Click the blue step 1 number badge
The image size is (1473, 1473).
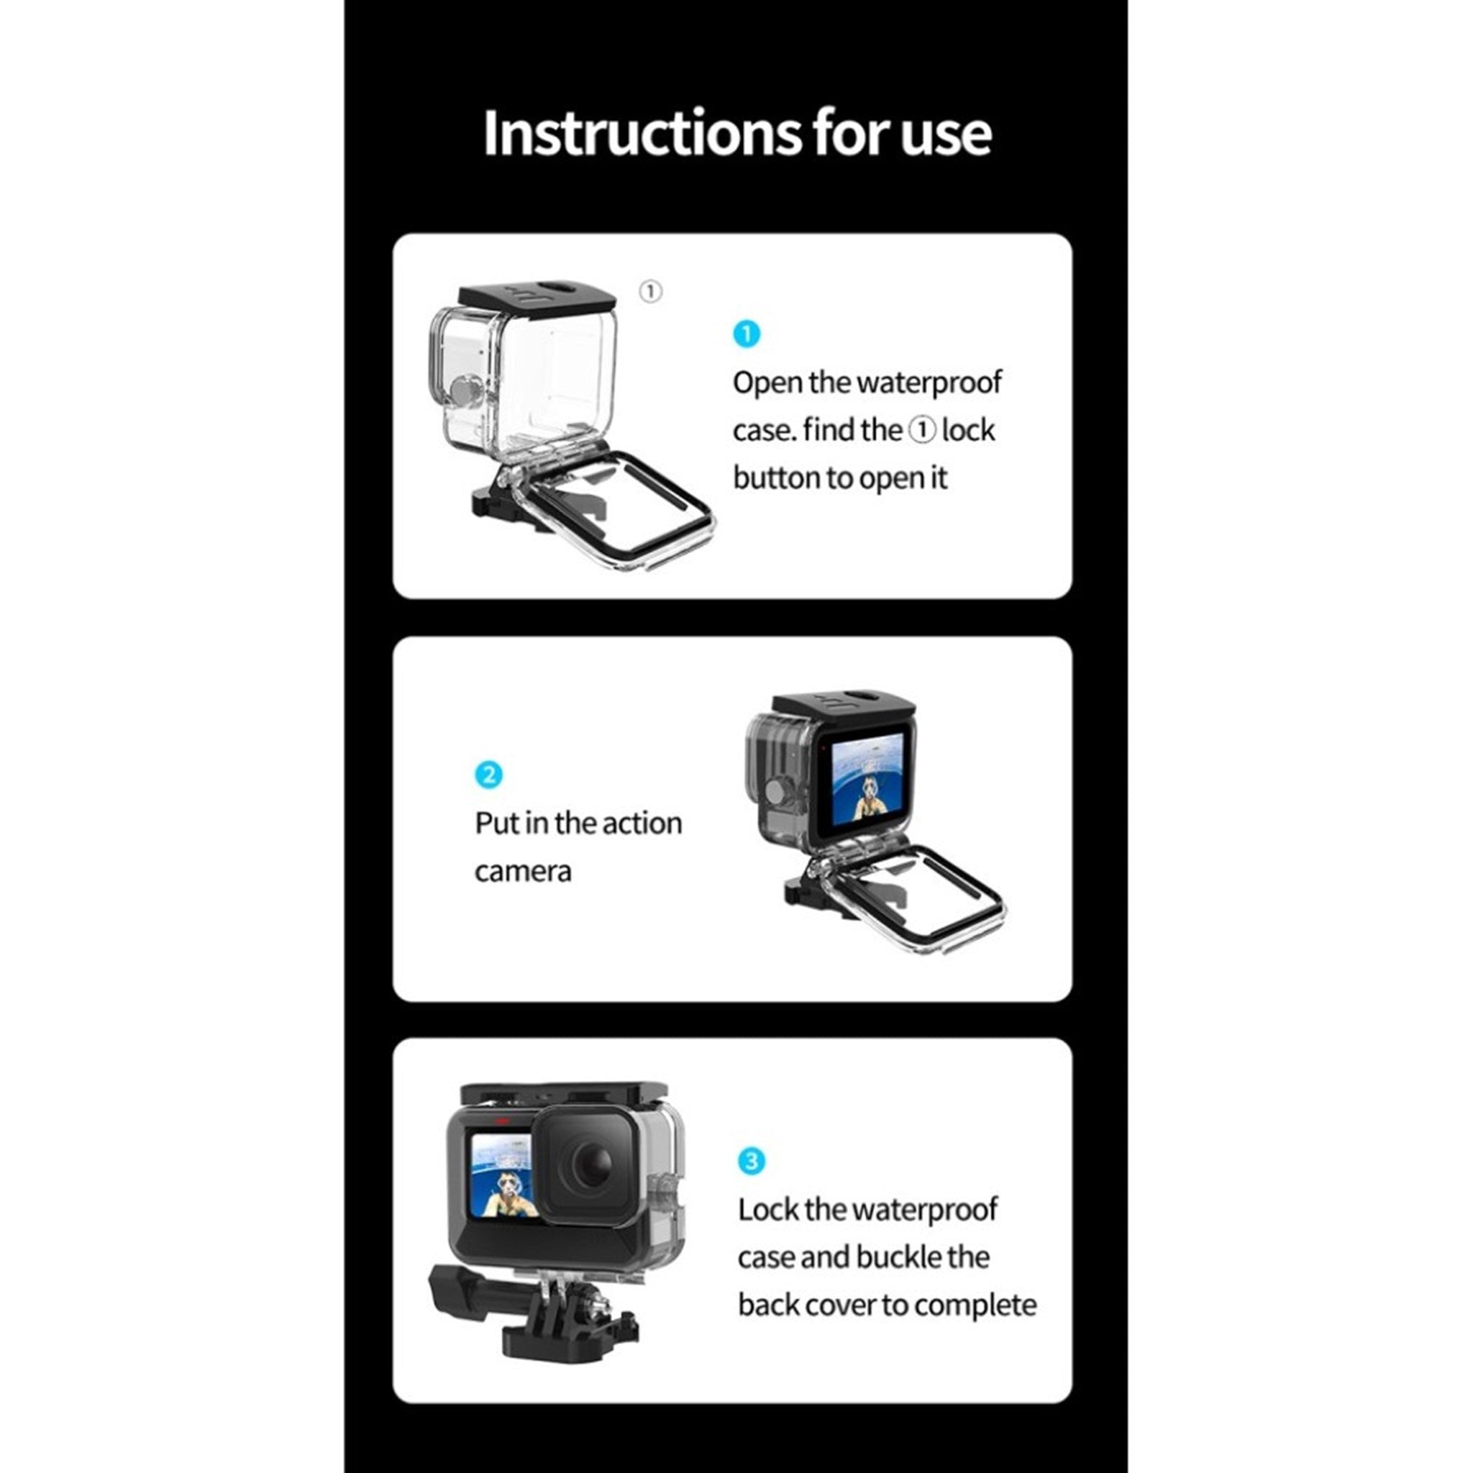(747, 334)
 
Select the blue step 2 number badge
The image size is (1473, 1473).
(488, 775)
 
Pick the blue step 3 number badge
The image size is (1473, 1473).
(751, 1161)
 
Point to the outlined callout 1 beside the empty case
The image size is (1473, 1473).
(650, 291)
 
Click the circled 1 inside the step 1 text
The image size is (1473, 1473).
(922, 431)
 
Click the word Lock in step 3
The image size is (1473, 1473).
(767, 1210)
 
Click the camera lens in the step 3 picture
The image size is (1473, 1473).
(586, 1167)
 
